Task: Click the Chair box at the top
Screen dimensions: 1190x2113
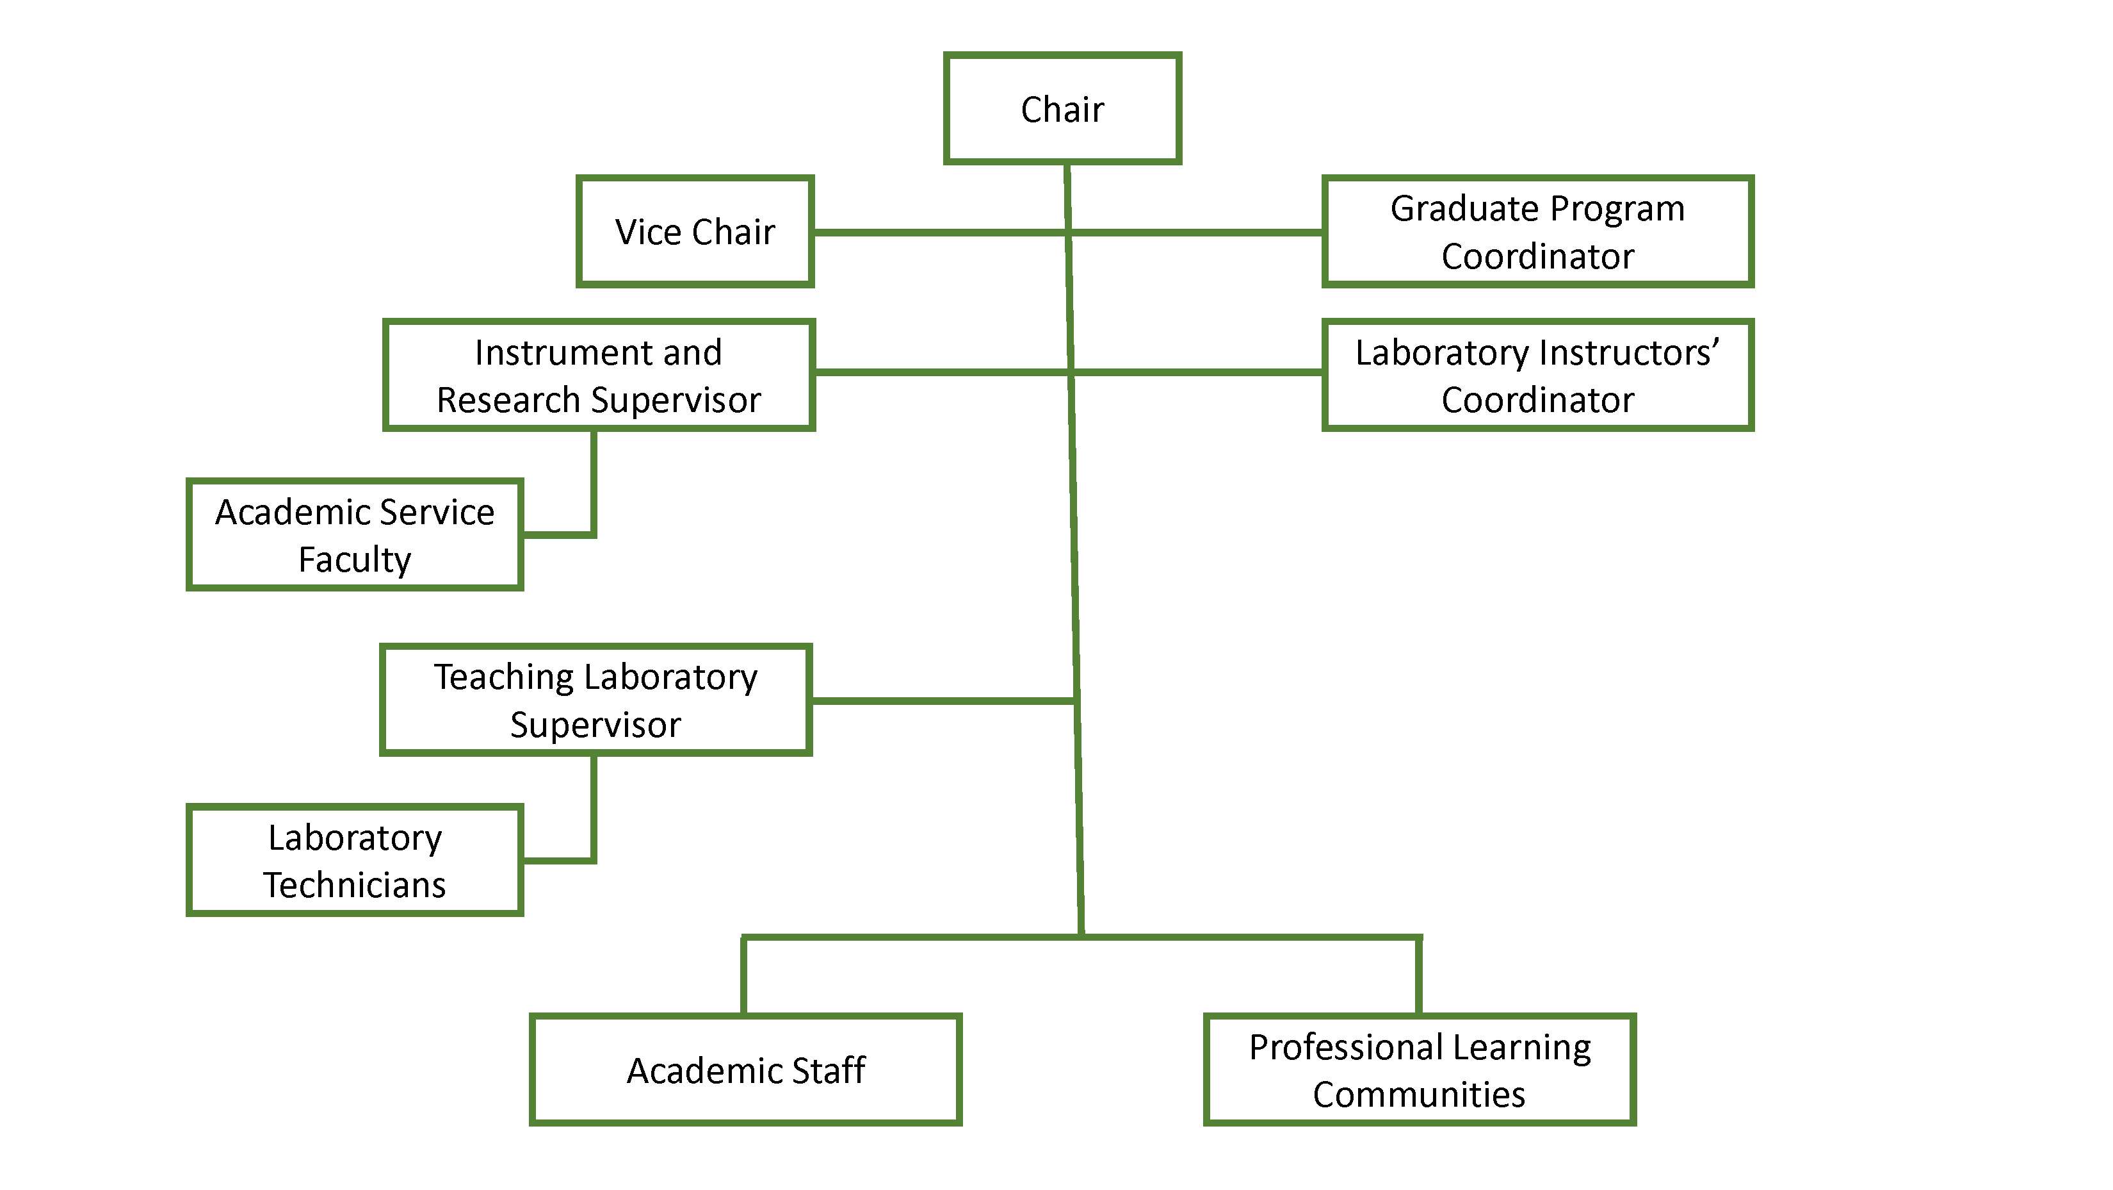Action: coord(1062,109)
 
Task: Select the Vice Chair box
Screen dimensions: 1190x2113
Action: coord(695,231)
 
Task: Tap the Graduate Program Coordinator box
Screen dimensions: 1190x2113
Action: coord(1537,231)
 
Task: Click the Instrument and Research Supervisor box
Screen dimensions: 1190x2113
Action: coord(599,375)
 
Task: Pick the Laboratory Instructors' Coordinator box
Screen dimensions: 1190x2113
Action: coord(1537,375)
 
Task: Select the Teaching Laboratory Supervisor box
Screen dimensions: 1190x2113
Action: coord(595,700)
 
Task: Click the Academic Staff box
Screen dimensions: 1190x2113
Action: coord(745,1070)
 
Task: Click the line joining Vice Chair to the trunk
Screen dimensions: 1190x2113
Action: coord(939,232)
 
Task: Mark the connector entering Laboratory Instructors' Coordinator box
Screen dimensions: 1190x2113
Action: coord(1197,372)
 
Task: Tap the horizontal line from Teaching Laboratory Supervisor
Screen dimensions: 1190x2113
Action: coord(943,701)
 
